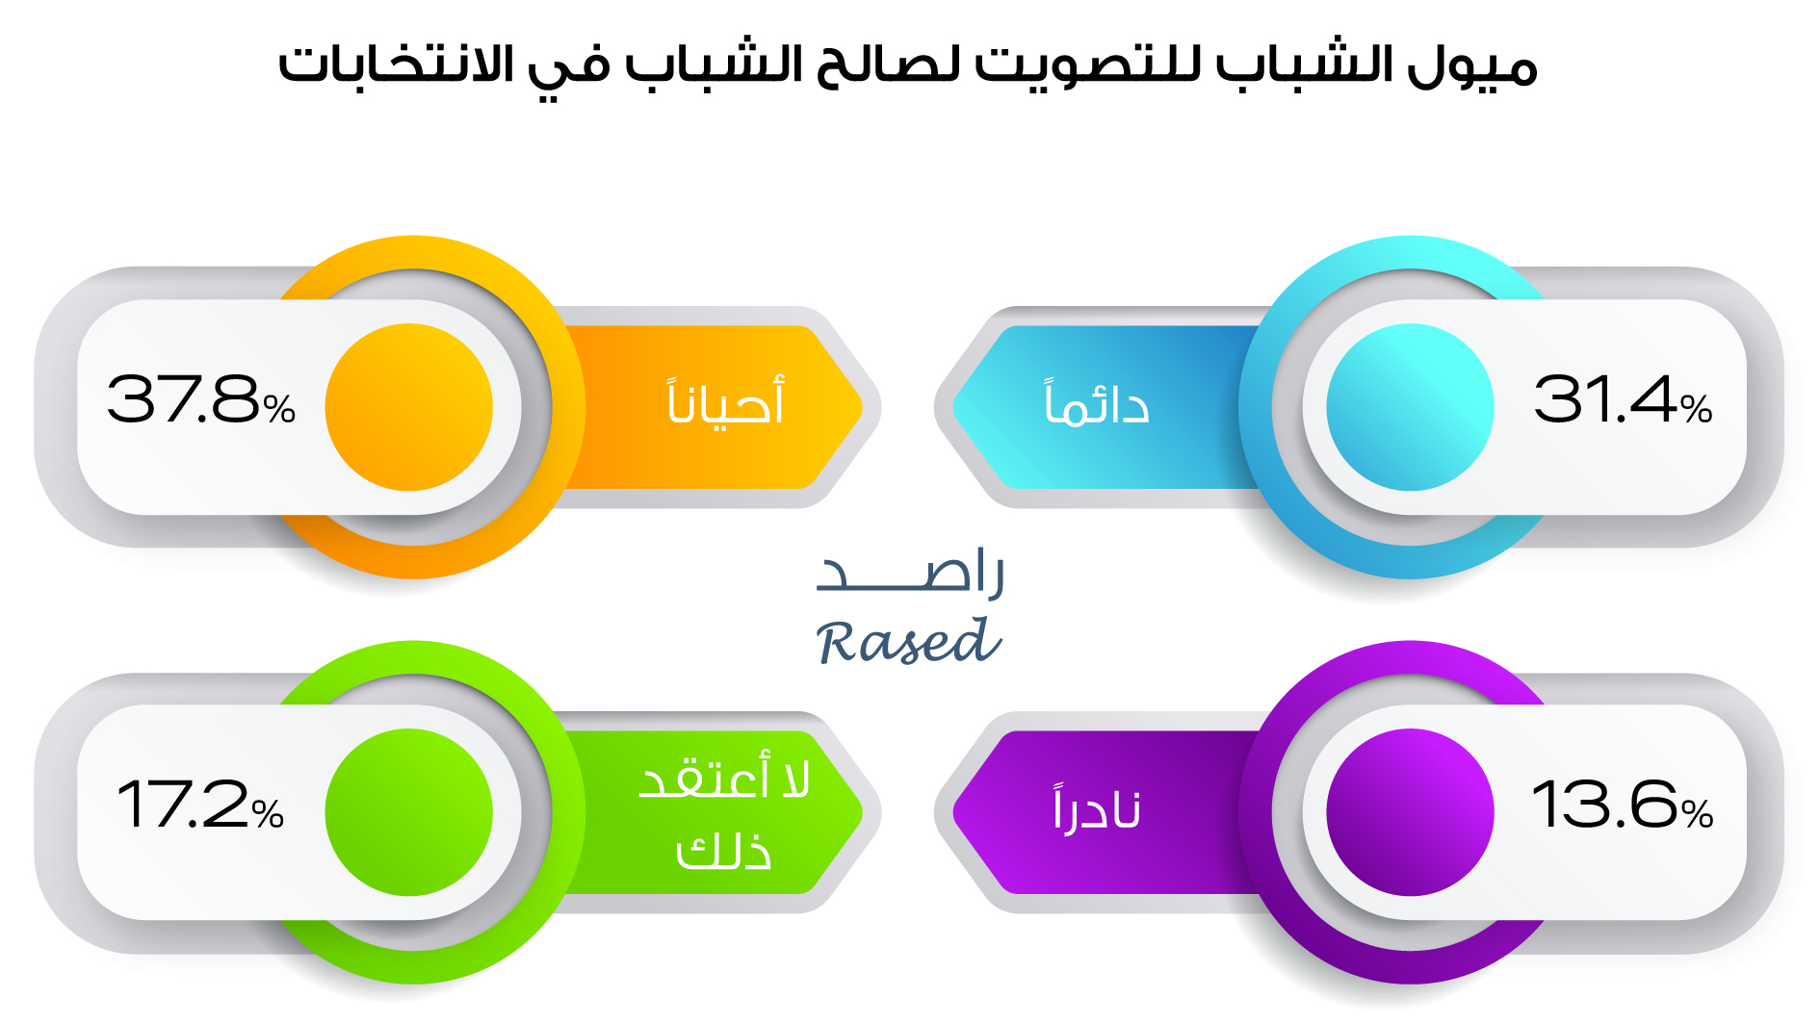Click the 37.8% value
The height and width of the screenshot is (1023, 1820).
[200, 399]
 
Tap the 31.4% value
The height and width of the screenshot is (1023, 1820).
[1623, 399]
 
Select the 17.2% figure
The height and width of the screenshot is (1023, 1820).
[200, 805]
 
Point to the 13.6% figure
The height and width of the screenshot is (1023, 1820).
[1623, 805]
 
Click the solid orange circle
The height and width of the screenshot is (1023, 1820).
[409, 407]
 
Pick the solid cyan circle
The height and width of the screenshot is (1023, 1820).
[1410, 407]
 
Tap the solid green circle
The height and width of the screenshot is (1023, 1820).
[409, 812]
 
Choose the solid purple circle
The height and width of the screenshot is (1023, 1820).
[1410, 812]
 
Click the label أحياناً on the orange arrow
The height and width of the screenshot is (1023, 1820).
[726, 400]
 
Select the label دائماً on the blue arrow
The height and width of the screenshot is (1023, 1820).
[1097, 402]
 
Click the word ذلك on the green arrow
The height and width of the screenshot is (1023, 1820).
[724, 851]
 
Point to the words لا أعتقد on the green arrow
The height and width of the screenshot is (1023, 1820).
[724, 776]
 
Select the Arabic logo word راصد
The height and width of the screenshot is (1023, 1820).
[910, 573]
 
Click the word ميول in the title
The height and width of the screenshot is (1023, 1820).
[1471, 65]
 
